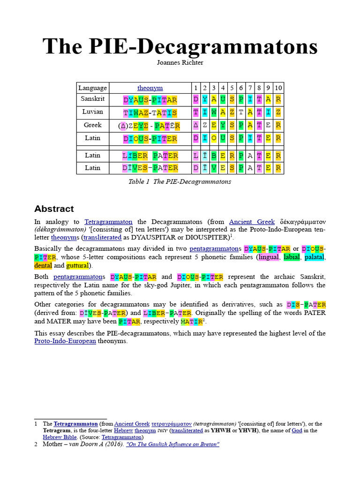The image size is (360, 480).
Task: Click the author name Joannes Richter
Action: pos(180,62)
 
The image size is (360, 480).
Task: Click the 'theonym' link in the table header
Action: pos(150,88)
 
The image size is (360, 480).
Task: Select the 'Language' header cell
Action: pos(93,88)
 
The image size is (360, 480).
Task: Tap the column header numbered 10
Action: pos(278,88)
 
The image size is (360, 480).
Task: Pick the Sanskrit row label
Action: pos(93,99)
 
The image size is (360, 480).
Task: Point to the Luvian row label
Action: pos(93,112)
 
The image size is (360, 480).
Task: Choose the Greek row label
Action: pos(93,125)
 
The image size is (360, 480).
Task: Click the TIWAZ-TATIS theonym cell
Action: pos(150,113)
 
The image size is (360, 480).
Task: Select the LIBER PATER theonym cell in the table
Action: pos(150,156)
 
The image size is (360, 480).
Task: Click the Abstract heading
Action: pos(54,209)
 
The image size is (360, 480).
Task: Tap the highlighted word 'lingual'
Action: pos(268,257)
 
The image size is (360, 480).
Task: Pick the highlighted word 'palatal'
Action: pos(315,257)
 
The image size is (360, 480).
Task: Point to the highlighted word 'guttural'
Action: pos(77,266)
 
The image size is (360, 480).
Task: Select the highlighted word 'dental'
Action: pos(43,266)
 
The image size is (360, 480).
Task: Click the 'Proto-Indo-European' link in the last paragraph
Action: pos(65,341)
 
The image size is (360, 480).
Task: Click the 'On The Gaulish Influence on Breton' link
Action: pos(173,444)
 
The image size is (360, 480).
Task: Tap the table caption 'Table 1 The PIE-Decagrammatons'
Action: pos(180,182)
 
